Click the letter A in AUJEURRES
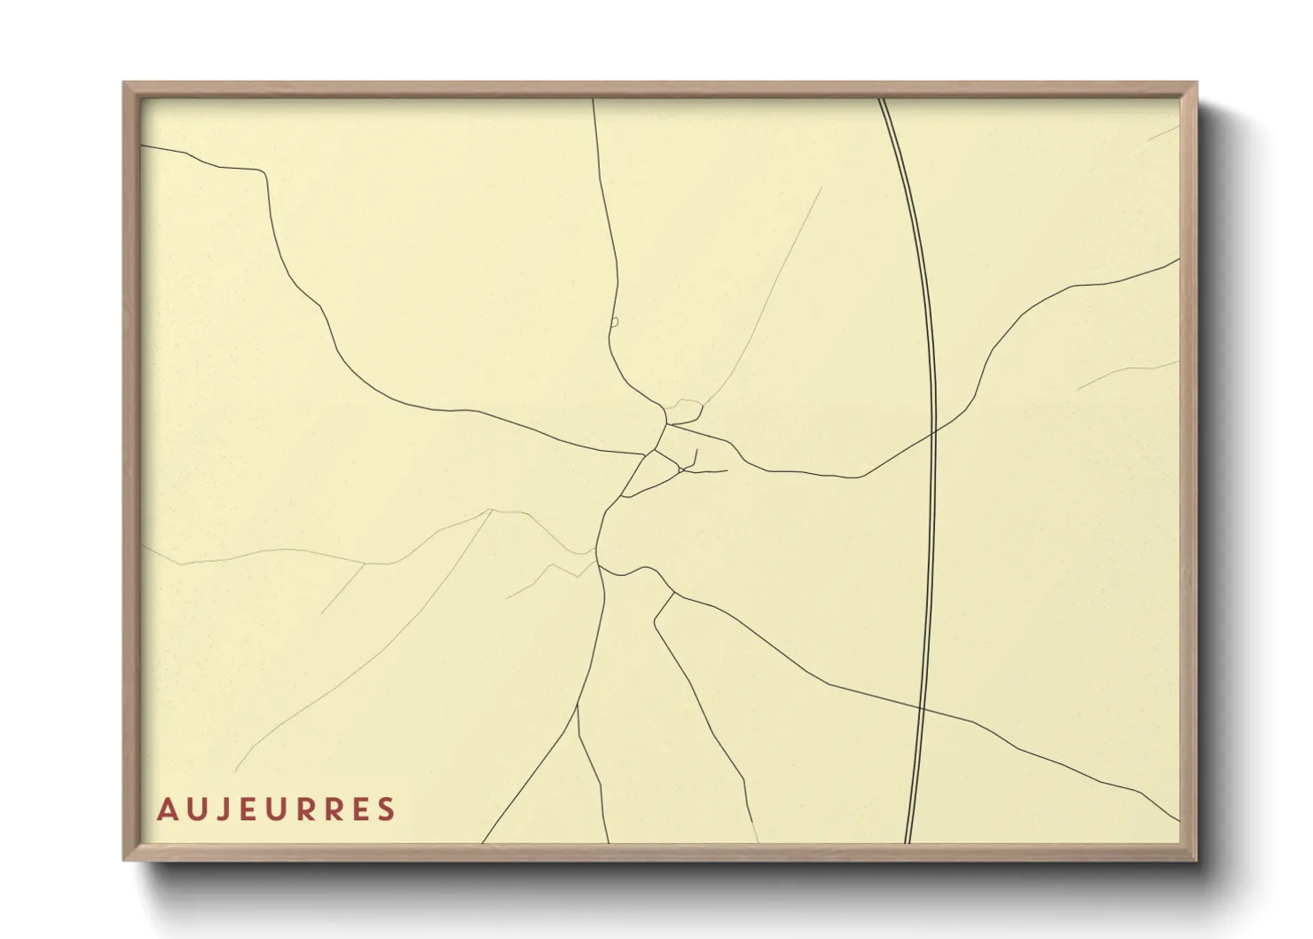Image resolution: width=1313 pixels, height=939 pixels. [166, 809]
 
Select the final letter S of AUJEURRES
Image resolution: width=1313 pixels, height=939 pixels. [386, 809]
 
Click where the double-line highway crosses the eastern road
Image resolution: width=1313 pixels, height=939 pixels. [934, 432]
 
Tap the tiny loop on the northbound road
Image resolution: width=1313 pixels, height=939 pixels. [614, 322]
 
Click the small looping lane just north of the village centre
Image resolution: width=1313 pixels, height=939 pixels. [685, 410]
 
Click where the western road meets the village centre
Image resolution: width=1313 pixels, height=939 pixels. [645, 455]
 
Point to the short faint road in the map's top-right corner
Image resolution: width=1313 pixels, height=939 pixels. [1164, 133]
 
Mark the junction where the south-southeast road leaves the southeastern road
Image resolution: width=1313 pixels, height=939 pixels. [674, 594]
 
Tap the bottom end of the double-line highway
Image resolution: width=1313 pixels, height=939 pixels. [908, 840]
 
